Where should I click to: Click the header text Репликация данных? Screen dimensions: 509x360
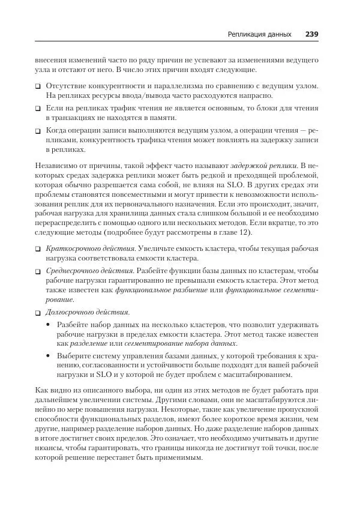pyautogui.click(x=260, y=34)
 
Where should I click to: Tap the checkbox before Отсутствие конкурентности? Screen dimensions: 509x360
pyautogui.click(x=38, y=87)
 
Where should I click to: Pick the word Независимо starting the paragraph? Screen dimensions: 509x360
pyautogui.click(x=58, y=165)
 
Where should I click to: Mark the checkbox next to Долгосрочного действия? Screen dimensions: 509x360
pyautogui.click(x=38, y=313)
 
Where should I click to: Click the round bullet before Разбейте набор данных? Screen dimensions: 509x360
pyautogui.click(x=49, y=324)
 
